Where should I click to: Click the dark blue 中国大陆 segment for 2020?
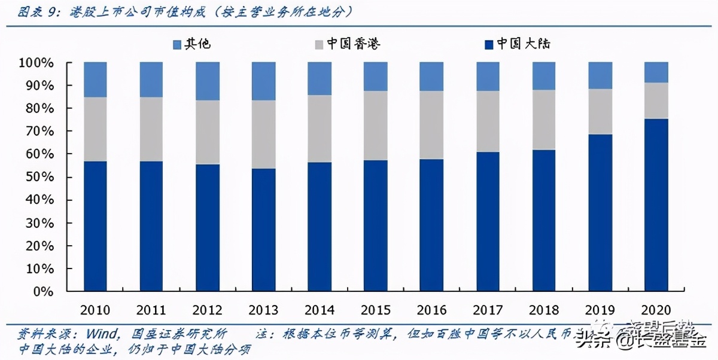click(x=656, y=205)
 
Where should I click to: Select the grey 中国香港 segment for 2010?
click(x=95, y=129)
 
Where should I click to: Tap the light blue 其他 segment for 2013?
click(x=263, y=81)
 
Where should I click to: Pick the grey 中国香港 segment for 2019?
click(x=600, y=112)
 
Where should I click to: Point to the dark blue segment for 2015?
click(x=376, y=226)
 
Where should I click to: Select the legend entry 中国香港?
click(x=347, y=44)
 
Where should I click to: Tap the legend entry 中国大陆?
click(x=517, y=44)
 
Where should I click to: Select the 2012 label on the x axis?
click(x=208, y=310)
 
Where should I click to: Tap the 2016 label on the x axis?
click(x=432, y=310)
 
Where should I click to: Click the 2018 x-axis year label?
click(x=544, y=310)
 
